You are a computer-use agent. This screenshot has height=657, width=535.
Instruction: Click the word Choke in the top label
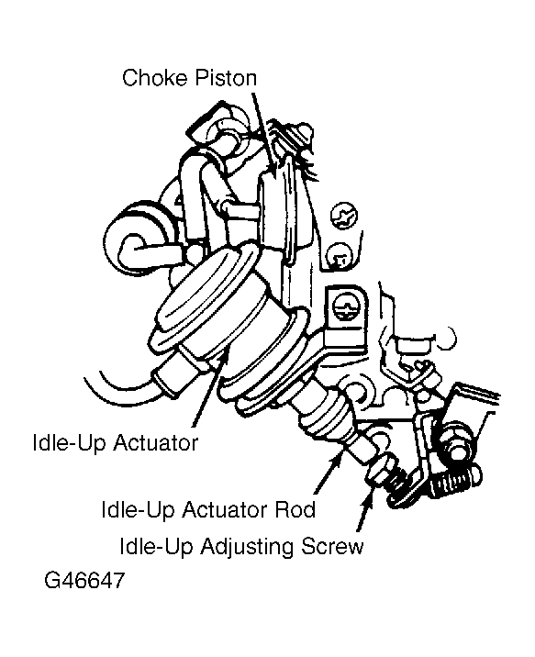coord(154,78)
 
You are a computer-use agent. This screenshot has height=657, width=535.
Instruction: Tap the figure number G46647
coord(84,580)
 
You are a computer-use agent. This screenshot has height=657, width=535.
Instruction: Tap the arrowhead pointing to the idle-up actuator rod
coord(338,457)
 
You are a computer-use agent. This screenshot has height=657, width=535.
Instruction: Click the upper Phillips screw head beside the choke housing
coord(344,217)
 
